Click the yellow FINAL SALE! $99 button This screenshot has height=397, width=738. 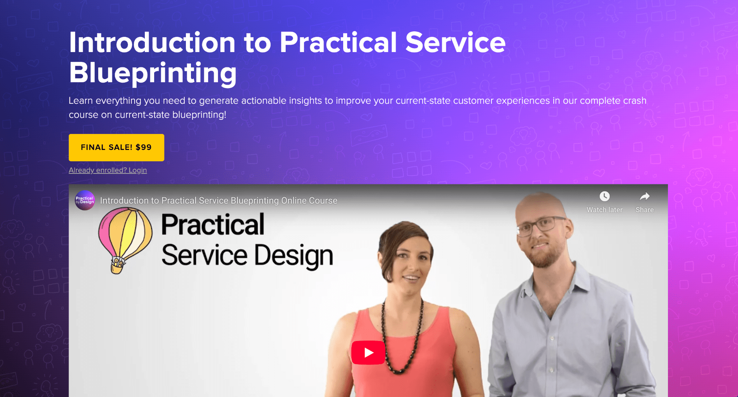coord(116,148)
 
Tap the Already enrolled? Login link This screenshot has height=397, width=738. coord(108,170)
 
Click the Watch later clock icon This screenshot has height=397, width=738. coord(605,196)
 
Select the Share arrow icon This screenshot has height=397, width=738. coord(644,196)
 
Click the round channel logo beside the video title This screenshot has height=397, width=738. coord(85,200)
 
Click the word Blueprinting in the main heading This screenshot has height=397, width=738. coord(153,73)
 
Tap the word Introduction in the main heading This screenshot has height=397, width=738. coord(152,42)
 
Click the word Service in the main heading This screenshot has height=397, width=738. coord(455,42)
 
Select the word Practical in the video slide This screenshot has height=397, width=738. coord(213,225)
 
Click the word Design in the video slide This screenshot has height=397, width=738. coord(294,256)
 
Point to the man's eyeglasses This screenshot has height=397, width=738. coord(542,226)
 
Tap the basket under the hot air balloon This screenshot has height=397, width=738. coord(117,266)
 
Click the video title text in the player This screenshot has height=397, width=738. coord(219,200)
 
